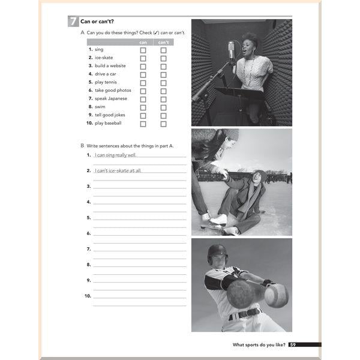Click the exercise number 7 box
(x=73, y=22)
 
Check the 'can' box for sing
(x=143, y=50)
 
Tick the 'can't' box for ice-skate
(x=163, y=58)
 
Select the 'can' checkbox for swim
(x=143, y=107)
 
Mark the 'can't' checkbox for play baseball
(x=163, y=124)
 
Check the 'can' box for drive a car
(x=143, y=75)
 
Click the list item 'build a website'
(x=110, y=66)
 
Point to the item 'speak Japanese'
(x=111, y=98)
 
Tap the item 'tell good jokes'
(x=110, y=115)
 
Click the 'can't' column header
(x=163, y=43)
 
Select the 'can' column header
(x=143, y=43)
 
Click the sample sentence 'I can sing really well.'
(x=115, y=155)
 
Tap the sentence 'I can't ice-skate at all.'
(x=118, y=170)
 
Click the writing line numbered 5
(x=139, y=218)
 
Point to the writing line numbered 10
(x=139, y=296)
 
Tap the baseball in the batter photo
(x=276, y=295)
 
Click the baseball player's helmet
(x=217, y=252)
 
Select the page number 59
(x=292, y=345)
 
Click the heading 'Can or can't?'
(x=97, y=22)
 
